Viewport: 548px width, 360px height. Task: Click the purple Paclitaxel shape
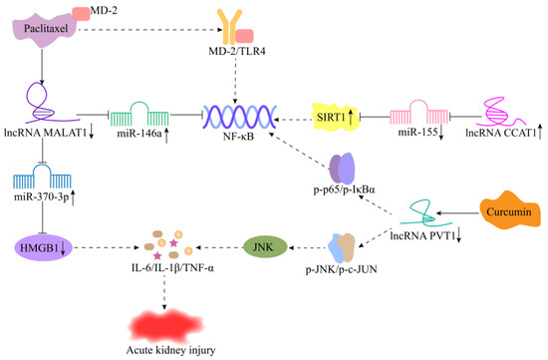click(x=46, y=32)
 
